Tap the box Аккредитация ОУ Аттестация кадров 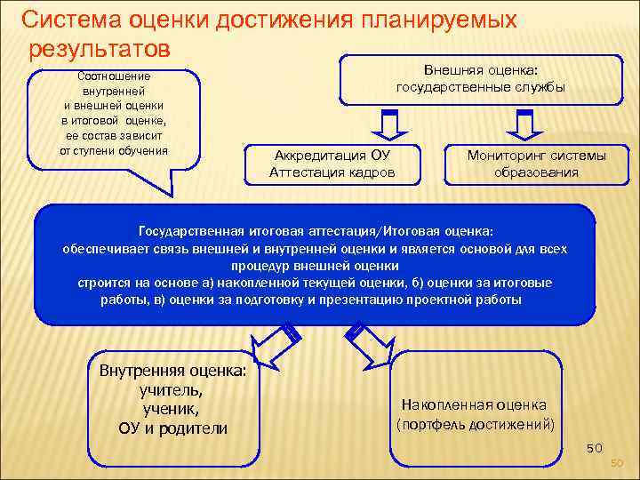(332, 164)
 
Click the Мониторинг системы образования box (537, 164)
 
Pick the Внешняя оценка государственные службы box (481, 79)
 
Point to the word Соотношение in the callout (114, 77)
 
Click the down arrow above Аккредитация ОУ (388, 121)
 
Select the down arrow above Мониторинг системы (524, 121)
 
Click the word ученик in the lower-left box (172, 409)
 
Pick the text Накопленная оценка (475, 404)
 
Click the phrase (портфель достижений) (475, 424)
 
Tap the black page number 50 (595, 447)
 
